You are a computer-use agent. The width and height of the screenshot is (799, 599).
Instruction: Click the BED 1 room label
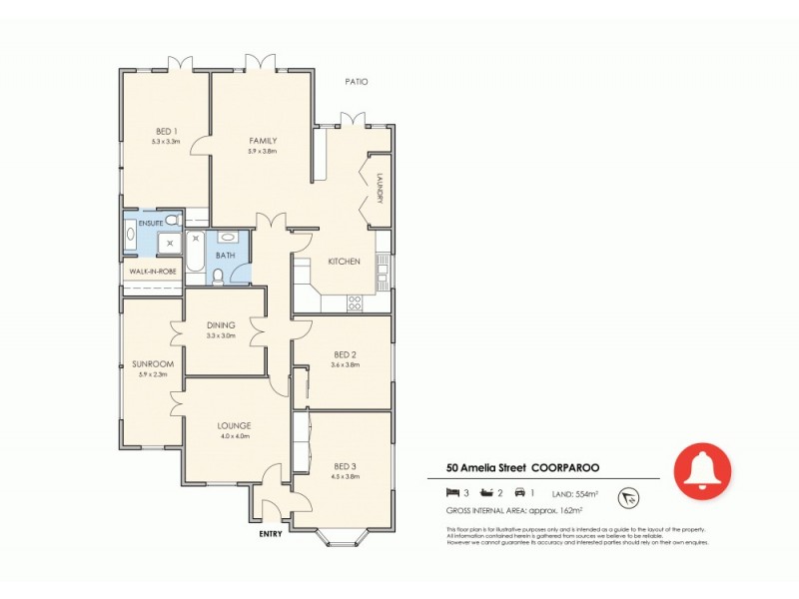[166, 132]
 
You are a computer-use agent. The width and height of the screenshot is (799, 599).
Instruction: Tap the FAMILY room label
[263, 141]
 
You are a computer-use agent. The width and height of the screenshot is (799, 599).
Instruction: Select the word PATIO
[357, 82]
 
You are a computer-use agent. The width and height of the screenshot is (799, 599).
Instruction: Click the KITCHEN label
[344, 262]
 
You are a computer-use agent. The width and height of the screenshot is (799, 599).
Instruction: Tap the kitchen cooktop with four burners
[353, 301]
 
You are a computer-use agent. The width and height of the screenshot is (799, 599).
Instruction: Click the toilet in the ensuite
[172, 220]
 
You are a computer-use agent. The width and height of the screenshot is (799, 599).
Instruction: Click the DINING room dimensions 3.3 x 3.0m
[220, 336]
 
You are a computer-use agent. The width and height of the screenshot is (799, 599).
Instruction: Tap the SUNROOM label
[153, 364]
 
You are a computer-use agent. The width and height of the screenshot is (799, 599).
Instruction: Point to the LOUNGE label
[234, 425]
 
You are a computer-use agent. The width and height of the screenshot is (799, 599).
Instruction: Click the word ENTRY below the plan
[270, 533]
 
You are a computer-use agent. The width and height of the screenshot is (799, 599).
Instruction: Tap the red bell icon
[702, 468]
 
